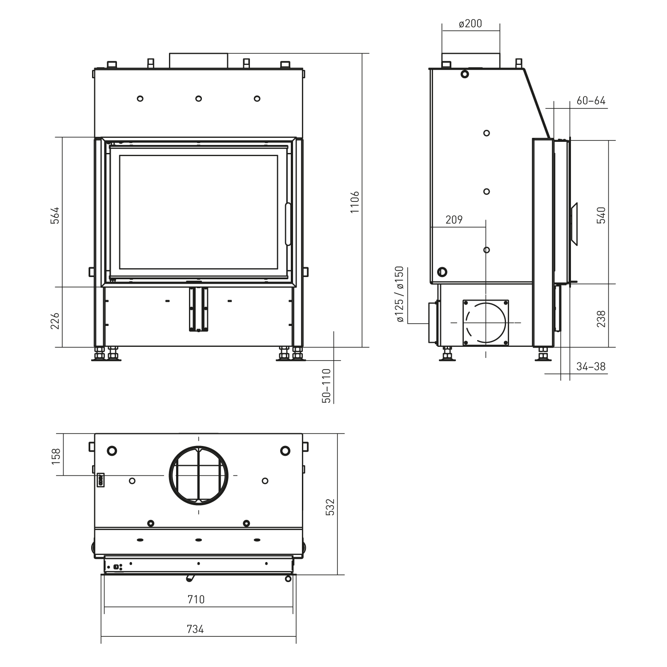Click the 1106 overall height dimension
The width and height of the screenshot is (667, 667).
354,202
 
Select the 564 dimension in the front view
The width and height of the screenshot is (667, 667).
55,215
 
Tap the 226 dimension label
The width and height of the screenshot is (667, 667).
55,321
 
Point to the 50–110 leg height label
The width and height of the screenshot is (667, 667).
327,386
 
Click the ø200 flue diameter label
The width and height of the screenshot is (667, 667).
470,24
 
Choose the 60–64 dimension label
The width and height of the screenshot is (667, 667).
591,101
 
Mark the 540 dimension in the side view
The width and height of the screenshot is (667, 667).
601,215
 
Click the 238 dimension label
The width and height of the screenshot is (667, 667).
601,319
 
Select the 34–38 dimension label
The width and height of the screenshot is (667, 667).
591,366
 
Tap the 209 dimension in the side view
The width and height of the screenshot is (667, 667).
454,220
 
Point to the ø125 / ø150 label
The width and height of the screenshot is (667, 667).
399,294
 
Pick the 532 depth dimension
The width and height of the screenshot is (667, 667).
329,507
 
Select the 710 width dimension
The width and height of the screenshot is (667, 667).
196,599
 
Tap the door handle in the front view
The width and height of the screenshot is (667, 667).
288,224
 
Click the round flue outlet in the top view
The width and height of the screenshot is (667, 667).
198,475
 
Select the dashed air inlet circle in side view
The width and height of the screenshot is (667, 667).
486,322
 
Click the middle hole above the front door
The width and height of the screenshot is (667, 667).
198,98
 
